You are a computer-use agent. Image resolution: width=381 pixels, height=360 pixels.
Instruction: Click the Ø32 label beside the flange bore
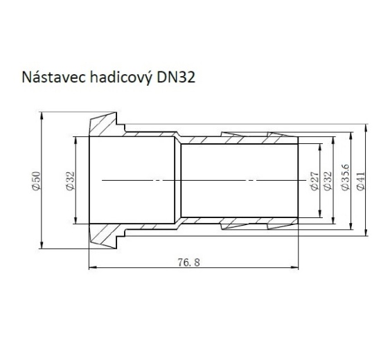coord(69,181)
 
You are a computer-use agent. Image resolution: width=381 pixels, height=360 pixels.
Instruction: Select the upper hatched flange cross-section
coord(104,126)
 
